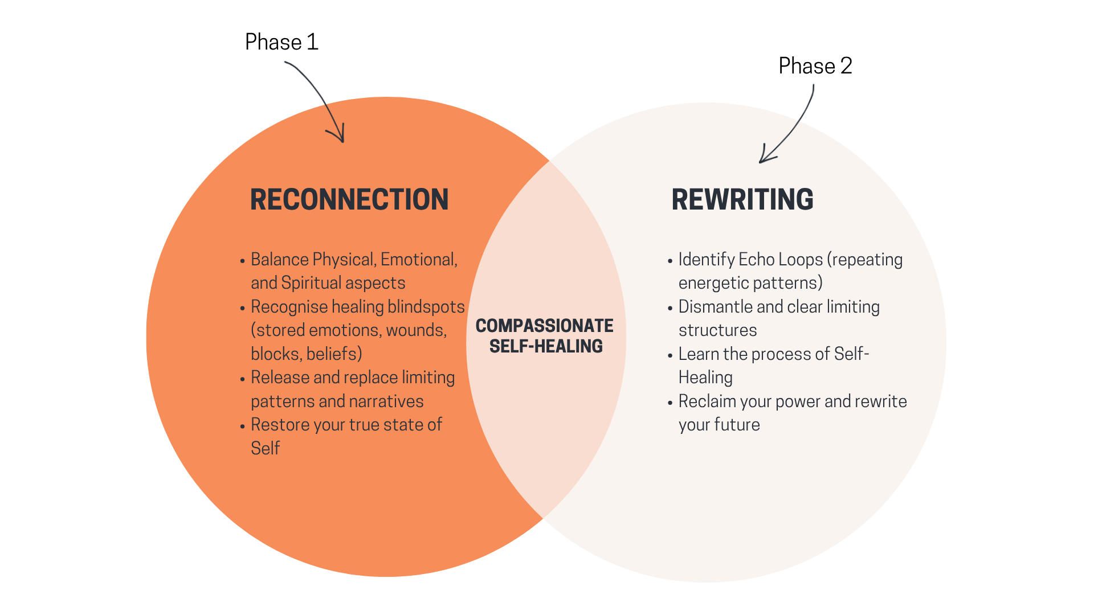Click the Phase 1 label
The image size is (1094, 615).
pos(281,42)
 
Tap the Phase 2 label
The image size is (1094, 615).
pos(815,66)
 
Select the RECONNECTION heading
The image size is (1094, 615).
pos(349,200)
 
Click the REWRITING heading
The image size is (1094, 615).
pos(742,200)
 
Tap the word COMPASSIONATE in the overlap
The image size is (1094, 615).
pos(544,326)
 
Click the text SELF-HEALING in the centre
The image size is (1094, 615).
pos(546,346)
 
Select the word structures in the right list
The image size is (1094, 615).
pos(717,330)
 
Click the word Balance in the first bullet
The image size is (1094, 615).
pos(280,260)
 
